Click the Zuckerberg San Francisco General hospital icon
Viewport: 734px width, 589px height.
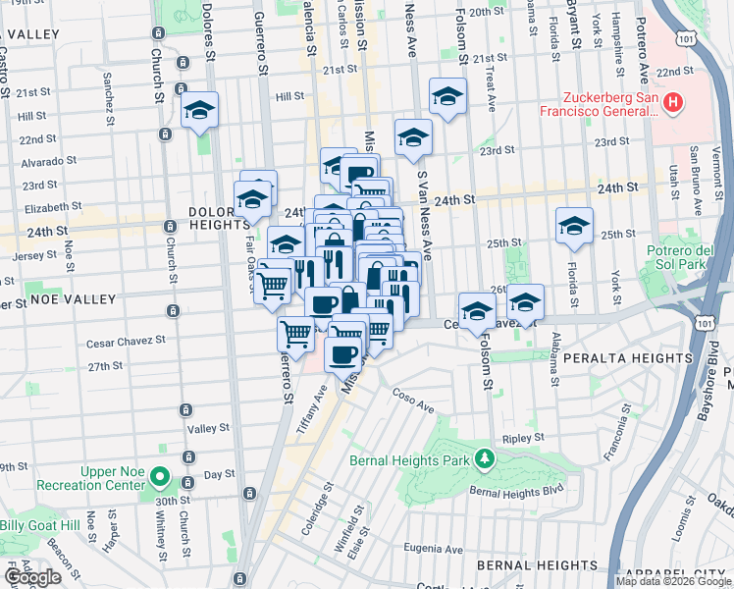click(x=672, y=101)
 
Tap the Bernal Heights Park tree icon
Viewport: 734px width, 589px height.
click(x=483, y=458)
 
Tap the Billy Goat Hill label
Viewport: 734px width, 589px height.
click(x=39, y=526)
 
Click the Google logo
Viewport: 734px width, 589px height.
click(x=32, y=577)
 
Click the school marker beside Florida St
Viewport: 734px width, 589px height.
click(x=574, y=226)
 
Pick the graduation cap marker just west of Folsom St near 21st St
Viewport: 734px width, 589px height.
click(x=447, y=97)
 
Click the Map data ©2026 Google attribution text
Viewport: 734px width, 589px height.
click(x=673, y=580)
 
